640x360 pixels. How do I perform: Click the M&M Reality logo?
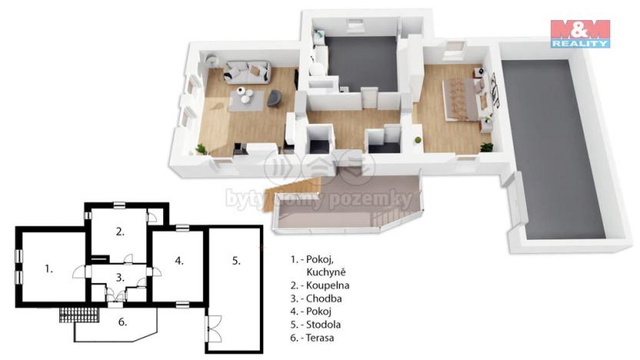pos(580,33)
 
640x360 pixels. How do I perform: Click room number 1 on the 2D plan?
pos(48,268)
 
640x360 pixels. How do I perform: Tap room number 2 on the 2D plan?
pos(120,231)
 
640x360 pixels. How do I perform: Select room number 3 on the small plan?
pos(119,277)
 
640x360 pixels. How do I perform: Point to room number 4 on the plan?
pos(178,261)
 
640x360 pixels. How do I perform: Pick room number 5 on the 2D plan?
pos(236,261)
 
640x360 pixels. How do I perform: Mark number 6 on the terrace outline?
pos(122,323)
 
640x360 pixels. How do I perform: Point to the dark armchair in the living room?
pos(274,98)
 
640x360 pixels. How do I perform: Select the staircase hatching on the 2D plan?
pos(80,314)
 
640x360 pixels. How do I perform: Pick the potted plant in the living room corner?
pos(202,148)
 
